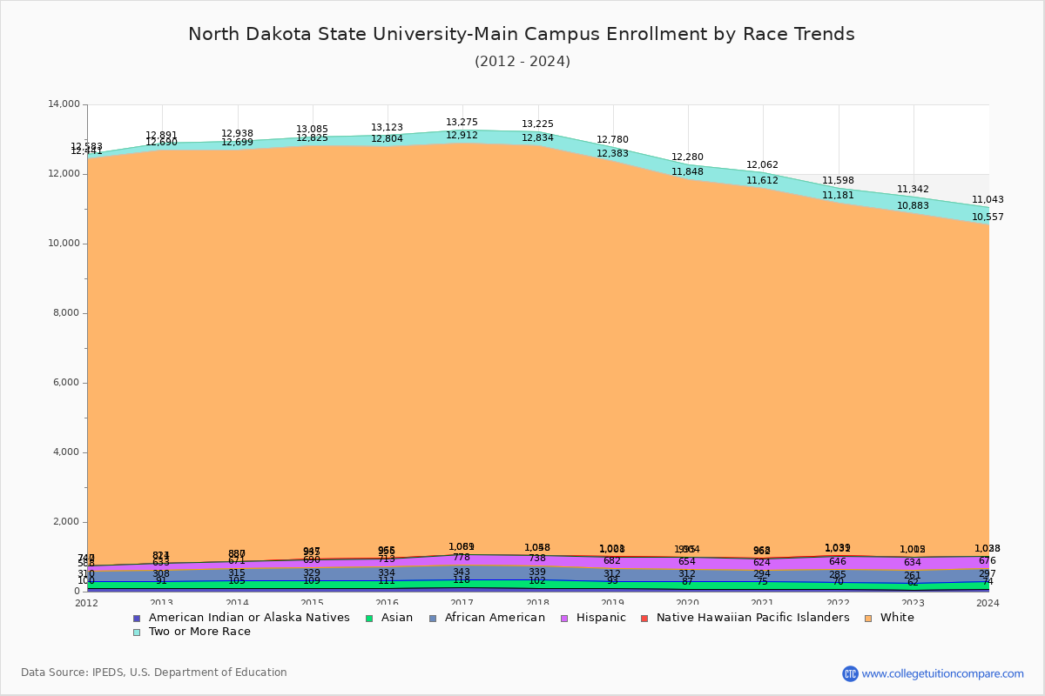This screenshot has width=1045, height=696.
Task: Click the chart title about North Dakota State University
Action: point(522,34)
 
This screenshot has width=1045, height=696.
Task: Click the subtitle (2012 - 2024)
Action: point(522,62)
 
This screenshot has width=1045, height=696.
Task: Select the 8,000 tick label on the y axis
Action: point(66,313)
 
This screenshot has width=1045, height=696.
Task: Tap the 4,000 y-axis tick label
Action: point(66,452)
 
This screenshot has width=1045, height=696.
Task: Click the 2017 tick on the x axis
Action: point(462,603)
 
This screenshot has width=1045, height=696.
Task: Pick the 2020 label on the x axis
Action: point(688,603)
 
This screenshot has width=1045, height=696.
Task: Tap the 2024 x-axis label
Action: point(988,603)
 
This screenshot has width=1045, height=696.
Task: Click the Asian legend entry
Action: point(395,618)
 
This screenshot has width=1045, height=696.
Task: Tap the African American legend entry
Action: point(493,618)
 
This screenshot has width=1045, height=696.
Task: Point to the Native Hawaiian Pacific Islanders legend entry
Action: point(752,618)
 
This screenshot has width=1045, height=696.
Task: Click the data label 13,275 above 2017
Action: point(462,123)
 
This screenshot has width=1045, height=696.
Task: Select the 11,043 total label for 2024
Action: point(988,199)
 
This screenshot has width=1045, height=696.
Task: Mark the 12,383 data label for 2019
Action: point(613,154)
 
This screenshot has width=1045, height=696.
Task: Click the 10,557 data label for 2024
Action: point(988,217)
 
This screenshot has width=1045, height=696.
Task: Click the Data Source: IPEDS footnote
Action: point(154,673)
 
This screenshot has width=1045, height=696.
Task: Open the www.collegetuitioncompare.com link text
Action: point(942,673)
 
